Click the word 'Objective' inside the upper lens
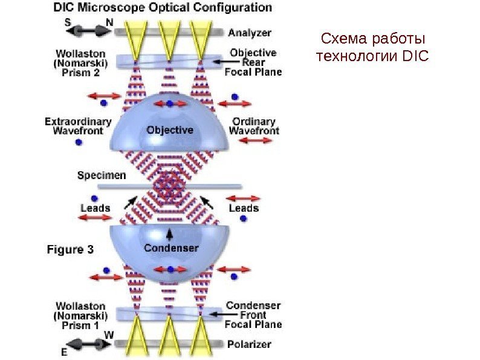pyautogui.click(x=170, y=130)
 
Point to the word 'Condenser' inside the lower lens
pyautogui.click(x=171, y=248)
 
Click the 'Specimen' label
pyautogui.click(x=102, y=175)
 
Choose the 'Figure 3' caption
pyautogui.click(x=71, y=249)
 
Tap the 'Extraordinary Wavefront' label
pyautogui.click(x=78, y=126)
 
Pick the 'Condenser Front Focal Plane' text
pyautogui.click(x=253, y=315)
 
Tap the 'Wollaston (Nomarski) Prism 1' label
pyautogui.click(x=80, y=315)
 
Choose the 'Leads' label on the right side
pyautogui.click(x=244, y=208)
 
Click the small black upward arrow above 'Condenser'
pyautogui.click(x=170, y=232)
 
